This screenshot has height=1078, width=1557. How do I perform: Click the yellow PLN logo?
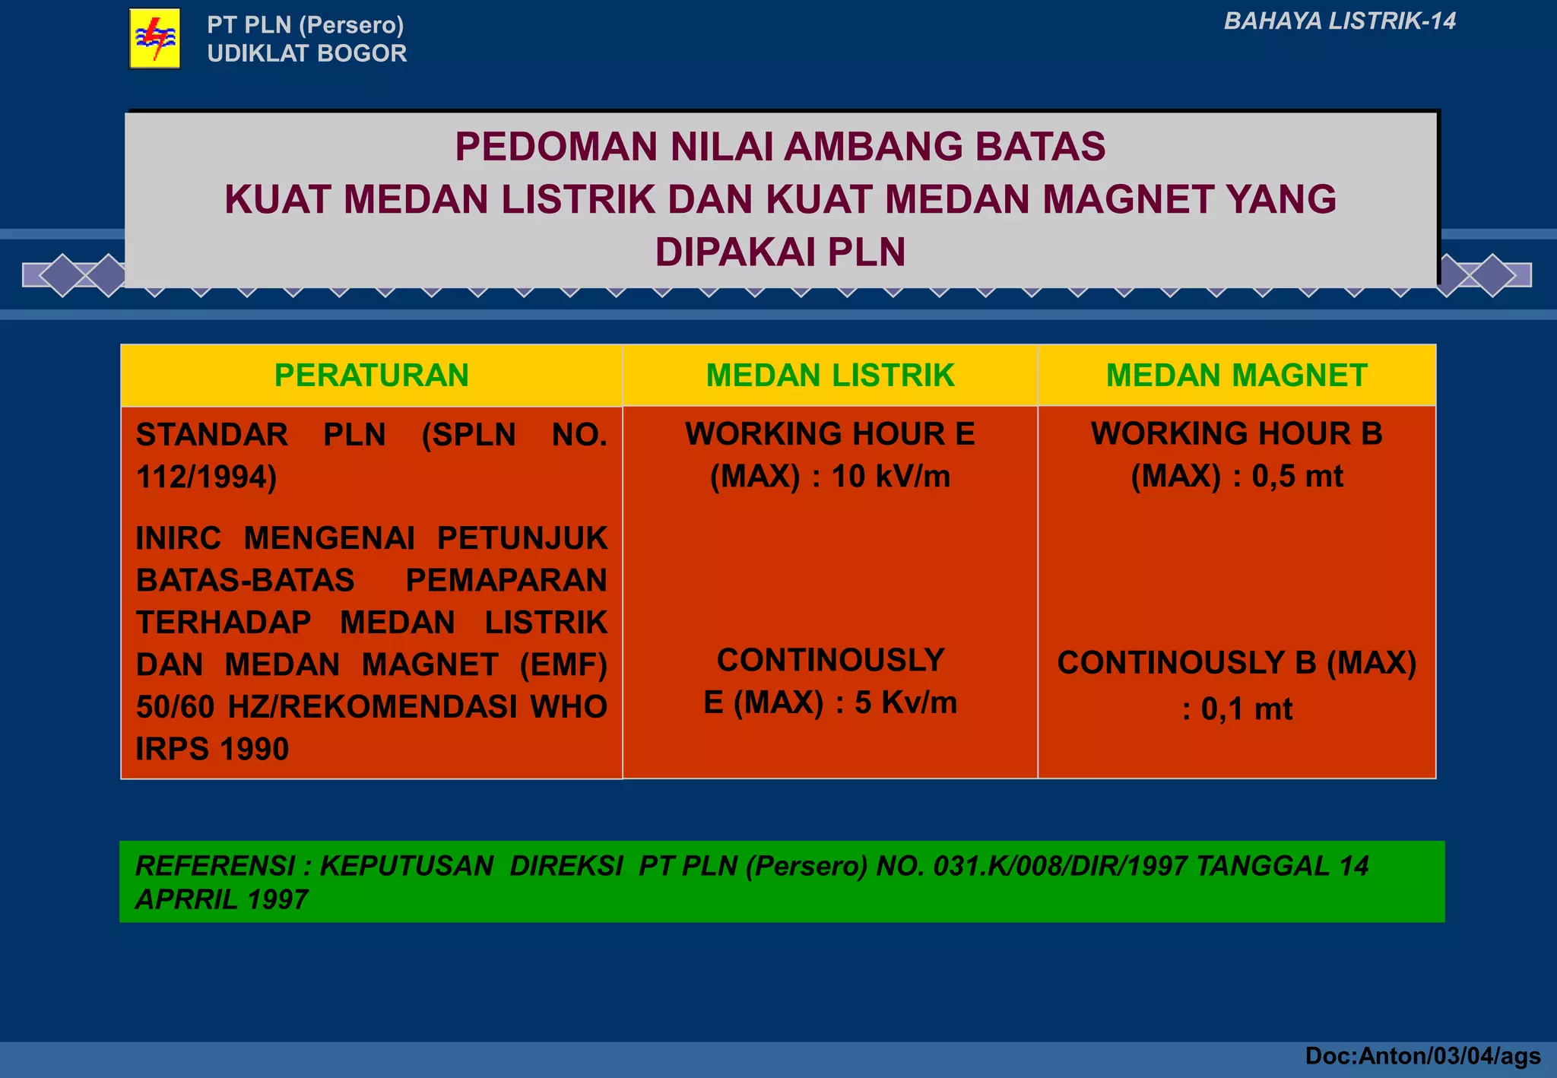pyautogui.click(x=155, y=38)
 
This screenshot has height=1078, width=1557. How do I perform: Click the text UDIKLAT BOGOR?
pyautogui.click(x=306, y=53)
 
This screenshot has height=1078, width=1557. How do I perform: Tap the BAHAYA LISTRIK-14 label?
pyautogui.click(x=1339, y=21)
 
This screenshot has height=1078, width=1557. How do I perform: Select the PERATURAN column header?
pyautogui.click(x=371, y=376)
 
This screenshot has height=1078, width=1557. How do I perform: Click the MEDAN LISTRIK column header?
pyautogui.click(x=829, y=376)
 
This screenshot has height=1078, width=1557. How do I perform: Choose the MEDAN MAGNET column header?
pyautogui.click(x=1236, y=376)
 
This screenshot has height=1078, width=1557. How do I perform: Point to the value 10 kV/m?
pyautogui.click(x=890, y=477)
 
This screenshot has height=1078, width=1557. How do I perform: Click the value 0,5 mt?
pyautogui.click(x=1297, y=477)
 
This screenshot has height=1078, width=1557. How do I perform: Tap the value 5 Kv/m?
pyautogui.click(x=905, y=702)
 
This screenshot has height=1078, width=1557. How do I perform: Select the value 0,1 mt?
pyautogui.click(x=1246, y=709)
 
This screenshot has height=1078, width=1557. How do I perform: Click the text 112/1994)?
pyautogui.click(x=206, y=477)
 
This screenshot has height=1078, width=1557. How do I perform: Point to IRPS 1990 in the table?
pyautogui.click(x=212, y=750)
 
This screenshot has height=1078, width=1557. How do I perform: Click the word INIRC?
pyautogui.click(x=178, y=538)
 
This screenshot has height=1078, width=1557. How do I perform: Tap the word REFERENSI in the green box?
pyautogui.click(x=215, y=866)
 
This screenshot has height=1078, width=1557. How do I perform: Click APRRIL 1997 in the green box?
pyautogui.click(x=221, y=900)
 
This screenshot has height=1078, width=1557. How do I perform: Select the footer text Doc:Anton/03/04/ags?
pyautogui.click(x=1422, y=1056)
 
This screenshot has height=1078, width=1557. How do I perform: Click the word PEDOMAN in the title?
pyautogui.click(x=556, y=147)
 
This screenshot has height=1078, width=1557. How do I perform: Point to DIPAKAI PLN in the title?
pyautogui.click(x=780, y=252)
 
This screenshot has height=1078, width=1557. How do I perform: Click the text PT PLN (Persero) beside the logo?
pyautogui.click(x=305, y=25)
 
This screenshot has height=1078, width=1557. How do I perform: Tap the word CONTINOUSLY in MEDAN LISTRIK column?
pyautogui.click(x=830, y=660)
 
